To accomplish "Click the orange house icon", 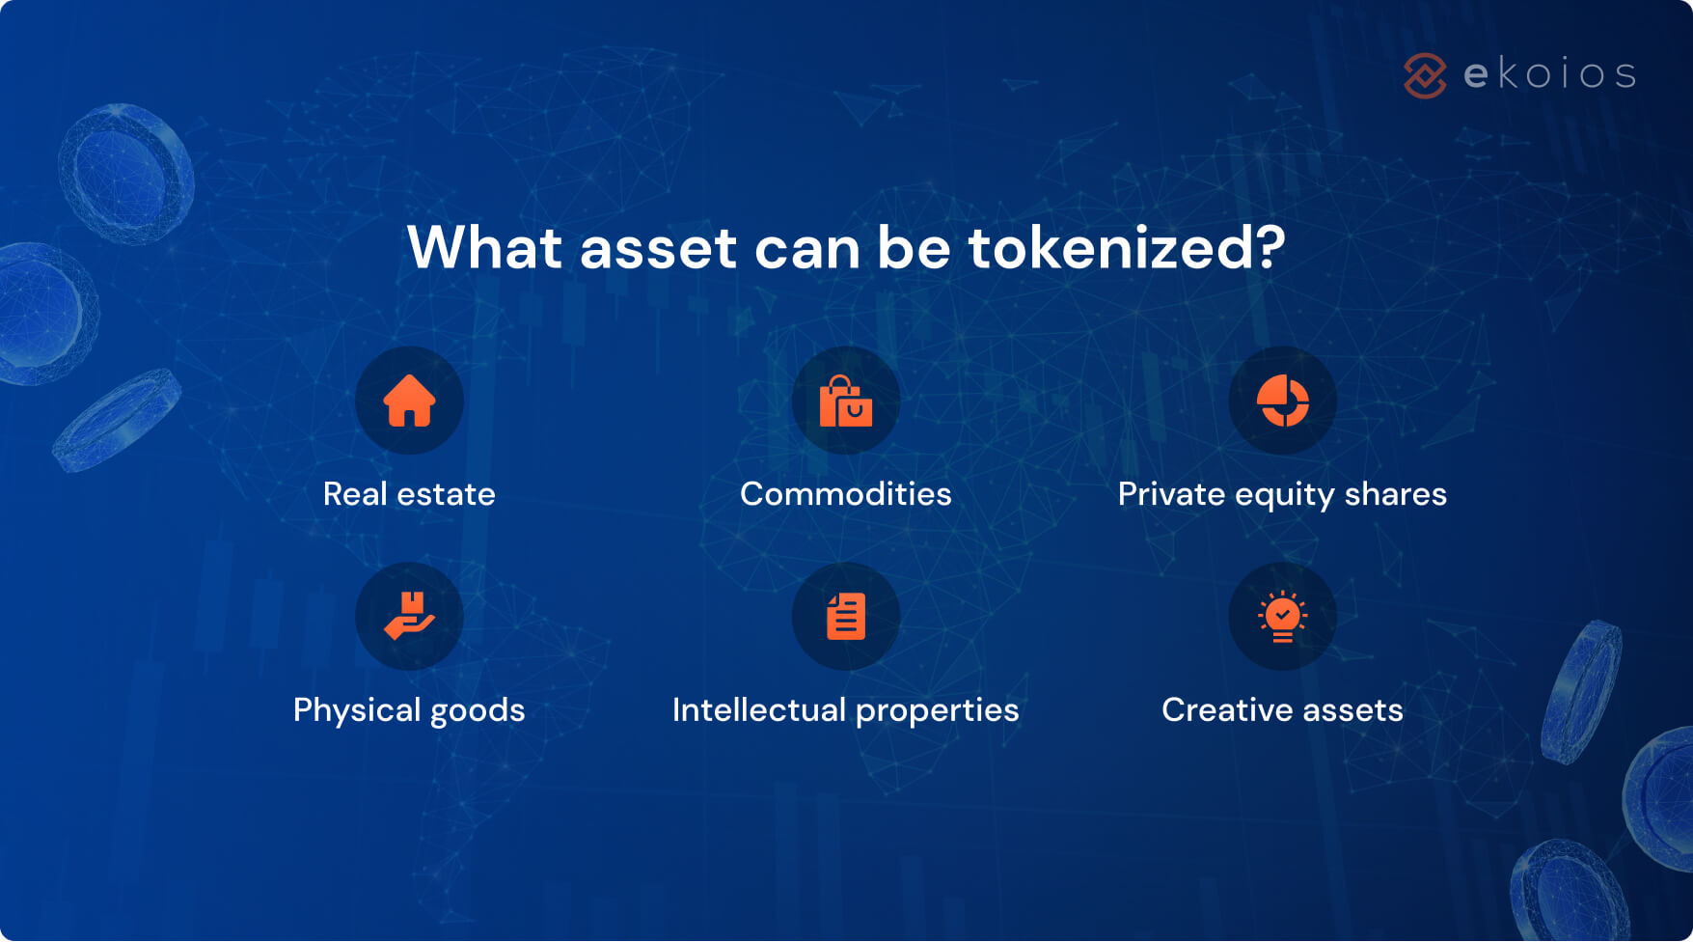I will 409,401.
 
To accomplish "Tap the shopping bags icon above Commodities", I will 846,402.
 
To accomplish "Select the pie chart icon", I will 1282,401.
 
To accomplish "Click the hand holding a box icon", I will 409,616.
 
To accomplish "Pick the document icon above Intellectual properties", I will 846,617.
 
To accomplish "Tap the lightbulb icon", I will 1282,617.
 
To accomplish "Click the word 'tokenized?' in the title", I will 1127,248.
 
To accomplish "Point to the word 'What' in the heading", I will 484,248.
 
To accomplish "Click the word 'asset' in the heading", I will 658,248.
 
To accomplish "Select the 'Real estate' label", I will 409,494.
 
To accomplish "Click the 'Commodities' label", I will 846,494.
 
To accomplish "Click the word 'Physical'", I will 357,711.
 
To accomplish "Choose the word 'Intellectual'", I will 758,710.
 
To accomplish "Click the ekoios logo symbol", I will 1425,75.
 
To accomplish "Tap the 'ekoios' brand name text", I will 1549,74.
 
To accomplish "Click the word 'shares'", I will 1395,494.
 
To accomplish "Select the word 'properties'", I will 937,711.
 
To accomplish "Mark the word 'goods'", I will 478,711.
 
